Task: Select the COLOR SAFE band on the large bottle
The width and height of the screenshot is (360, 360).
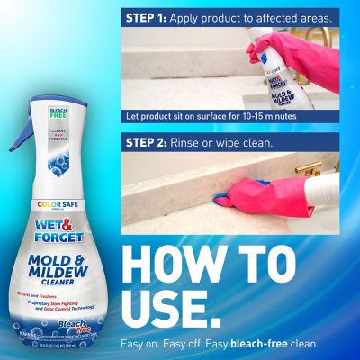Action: (x=57, y=203)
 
